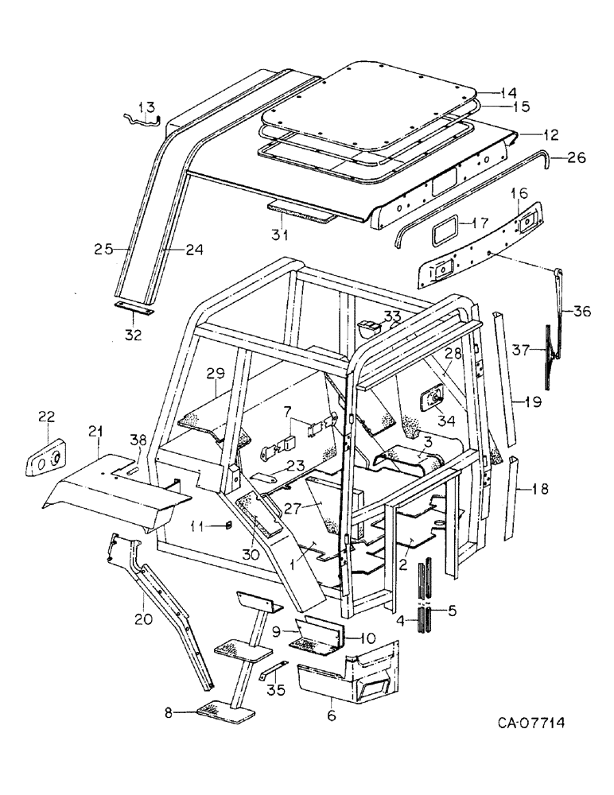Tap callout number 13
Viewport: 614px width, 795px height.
(147, 107)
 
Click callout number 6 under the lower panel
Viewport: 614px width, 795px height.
(331, 716)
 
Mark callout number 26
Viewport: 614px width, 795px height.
(577, 158)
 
